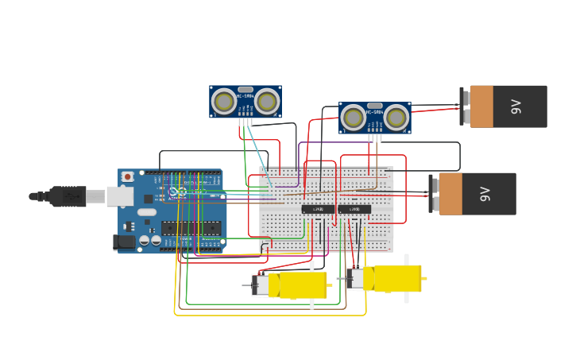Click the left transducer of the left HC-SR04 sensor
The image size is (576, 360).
225,101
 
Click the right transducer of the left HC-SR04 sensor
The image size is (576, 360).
267,101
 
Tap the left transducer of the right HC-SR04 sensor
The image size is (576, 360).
354,118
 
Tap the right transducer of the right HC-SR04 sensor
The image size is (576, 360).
396,118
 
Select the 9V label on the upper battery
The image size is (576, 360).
516,106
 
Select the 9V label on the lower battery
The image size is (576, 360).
485,194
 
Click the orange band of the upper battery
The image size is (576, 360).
482,106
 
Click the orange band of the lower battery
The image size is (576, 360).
451,194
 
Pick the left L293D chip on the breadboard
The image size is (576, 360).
318,209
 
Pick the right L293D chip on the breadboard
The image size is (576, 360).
354,209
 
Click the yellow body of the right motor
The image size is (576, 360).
396,278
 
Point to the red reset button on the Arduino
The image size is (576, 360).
127,176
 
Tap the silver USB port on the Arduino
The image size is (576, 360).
120,195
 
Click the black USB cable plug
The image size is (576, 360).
68,195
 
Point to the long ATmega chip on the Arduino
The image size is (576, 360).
191,228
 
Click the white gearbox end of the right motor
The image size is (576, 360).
355,279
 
